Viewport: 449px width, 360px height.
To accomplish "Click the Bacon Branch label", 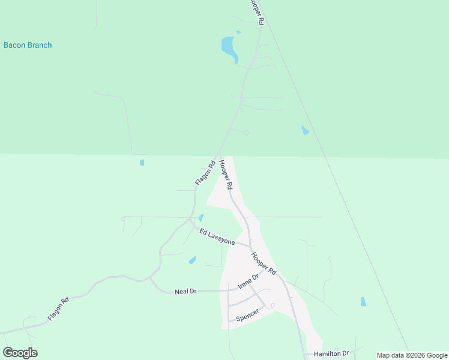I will coord(28,45).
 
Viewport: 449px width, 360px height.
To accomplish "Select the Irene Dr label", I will coord(248,281).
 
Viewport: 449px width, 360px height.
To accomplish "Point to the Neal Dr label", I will coord(185,291).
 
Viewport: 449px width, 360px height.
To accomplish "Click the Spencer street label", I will coord(247,315).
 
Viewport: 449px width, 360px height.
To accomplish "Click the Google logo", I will coord(20,353).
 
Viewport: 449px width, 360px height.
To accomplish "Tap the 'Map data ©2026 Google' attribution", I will coord(412,355).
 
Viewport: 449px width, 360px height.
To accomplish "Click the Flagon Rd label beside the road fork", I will coord(205,173).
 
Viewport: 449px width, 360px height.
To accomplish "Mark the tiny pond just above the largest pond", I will coord(238,32).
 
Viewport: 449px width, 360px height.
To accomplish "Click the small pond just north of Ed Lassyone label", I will coord(201,218).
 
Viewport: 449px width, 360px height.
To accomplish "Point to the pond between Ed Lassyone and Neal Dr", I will coord(193,260).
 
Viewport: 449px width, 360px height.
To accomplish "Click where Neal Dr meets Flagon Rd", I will coord(149,279).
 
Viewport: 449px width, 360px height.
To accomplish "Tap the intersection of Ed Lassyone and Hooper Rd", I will coord(250,245).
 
